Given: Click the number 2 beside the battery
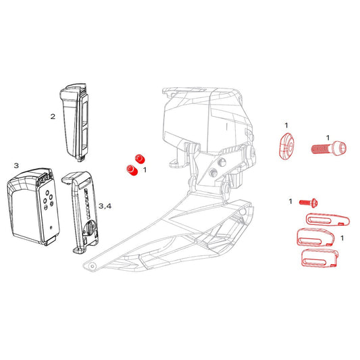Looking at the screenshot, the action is (53, 117).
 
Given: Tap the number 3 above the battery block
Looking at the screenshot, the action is (16, 165).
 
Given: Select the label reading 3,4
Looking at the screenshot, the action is (105, 206).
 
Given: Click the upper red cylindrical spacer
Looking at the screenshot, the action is (140, 159).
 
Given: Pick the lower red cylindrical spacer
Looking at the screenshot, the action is (132, 170).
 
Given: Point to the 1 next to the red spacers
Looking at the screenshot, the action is (145, 170).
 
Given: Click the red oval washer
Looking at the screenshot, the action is (286, 146).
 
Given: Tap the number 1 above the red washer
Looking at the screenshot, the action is (286, 126).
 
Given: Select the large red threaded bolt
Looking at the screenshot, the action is (329, 149).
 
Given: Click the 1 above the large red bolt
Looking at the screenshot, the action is (328, 138).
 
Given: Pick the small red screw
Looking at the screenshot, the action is (309, 203).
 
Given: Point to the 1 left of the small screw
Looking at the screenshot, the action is (290, 201).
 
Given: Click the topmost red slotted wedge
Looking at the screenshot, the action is (328, 220).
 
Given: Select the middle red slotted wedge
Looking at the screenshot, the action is (315, 237).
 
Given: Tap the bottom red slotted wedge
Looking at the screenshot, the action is (319, 258).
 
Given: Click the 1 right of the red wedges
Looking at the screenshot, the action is (342, 238).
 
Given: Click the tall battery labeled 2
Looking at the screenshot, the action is (74, 123).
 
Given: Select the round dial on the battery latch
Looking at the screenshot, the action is (90, 228).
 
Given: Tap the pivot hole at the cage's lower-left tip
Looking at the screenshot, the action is (93, 266).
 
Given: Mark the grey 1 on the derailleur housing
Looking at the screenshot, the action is (227, 126).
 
